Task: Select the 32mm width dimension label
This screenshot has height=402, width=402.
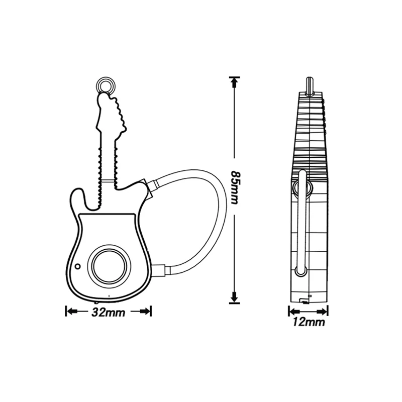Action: click(x=109, y=312)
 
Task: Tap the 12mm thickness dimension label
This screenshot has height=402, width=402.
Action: click(x=309, y=322)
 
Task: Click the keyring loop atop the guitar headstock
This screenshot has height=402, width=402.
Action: click(x=105, y=84)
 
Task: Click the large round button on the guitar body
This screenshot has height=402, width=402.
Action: click(x=109, y=265)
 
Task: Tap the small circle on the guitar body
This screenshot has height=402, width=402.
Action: click(x=77, y=266)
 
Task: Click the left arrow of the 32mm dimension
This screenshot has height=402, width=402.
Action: click(x=72, y=312)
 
